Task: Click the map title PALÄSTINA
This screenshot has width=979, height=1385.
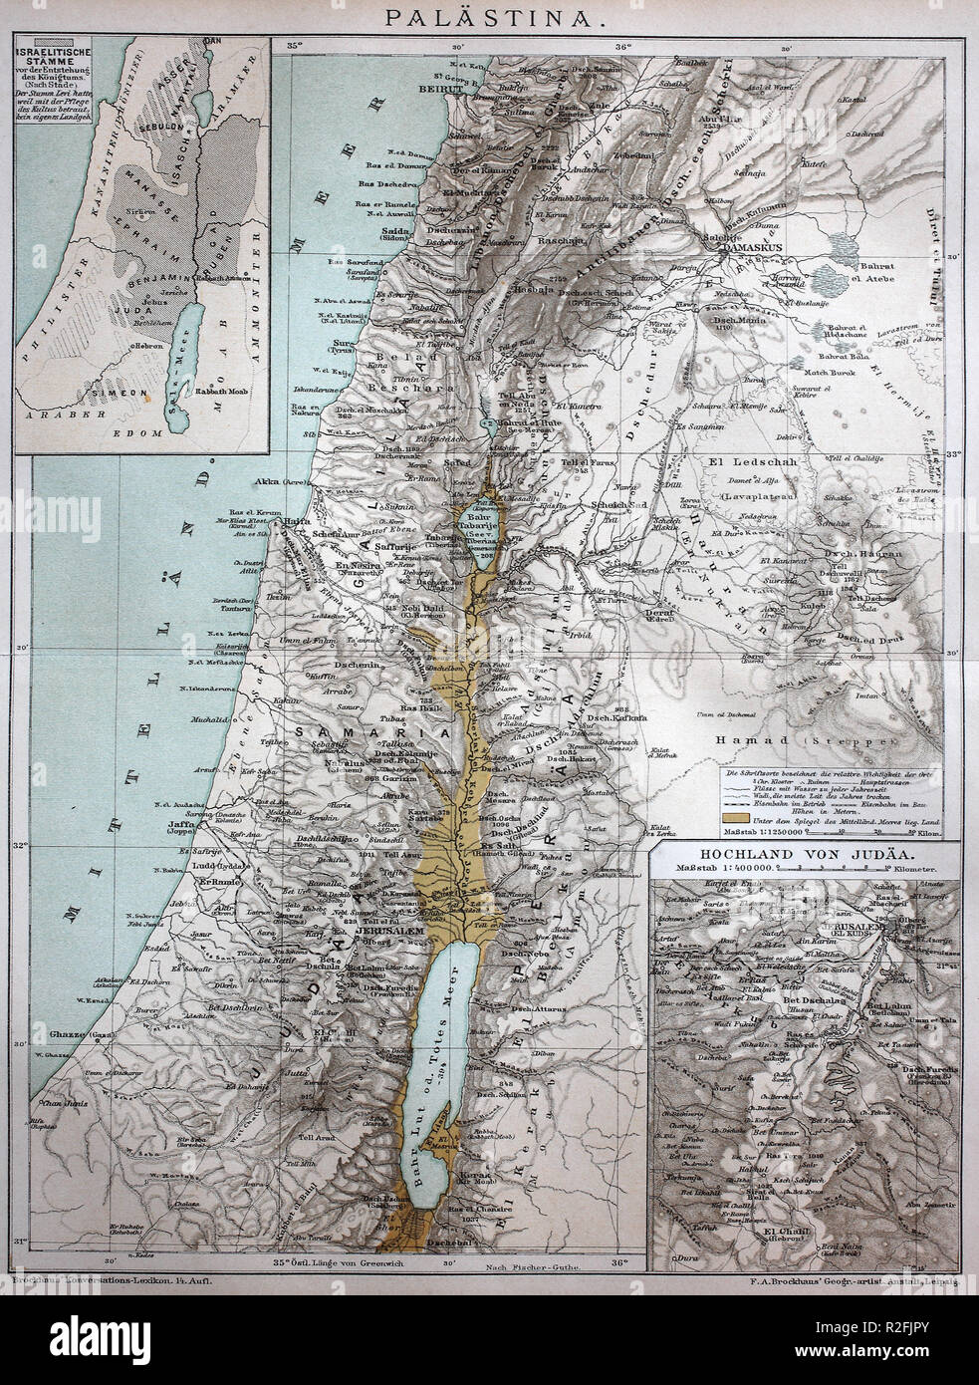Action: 491,17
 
